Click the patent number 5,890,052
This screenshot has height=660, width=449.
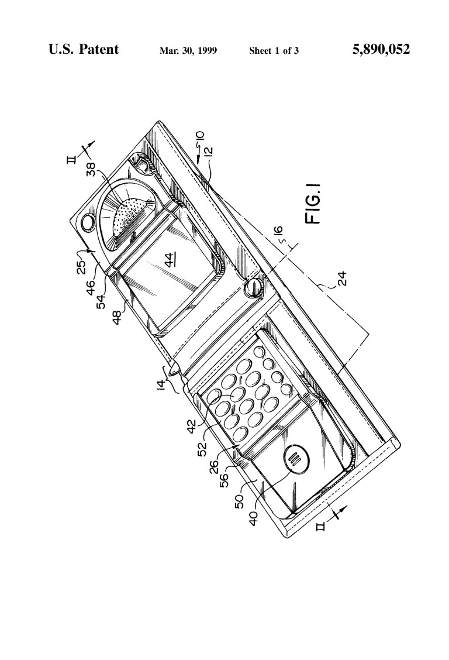(x=381, y=49)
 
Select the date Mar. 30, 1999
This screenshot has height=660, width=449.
(x=188, y=51)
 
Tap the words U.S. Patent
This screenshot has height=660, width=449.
(x=84, y=49)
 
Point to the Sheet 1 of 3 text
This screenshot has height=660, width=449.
(x=274, y=51)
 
